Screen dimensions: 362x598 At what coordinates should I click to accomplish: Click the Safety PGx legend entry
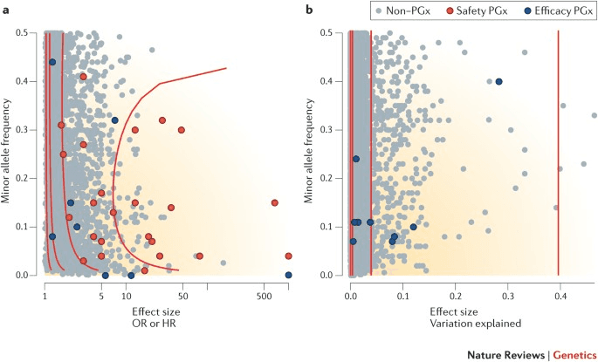click(x=470, y=11)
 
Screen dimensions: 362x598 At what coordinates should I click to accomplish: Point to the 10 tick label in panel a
click(x=127, y=297)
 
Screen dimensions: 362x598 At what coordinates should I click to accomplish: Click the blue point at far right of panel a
click(x=288, y=275)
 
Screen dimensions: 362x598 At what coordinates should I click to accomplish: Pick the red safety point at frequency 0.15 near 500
click(x=275, y=202)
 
